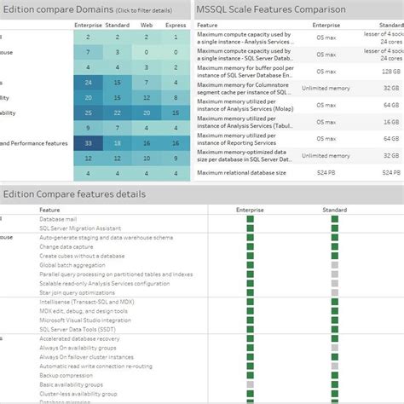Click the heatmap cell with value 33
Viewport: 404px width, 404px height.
click(87, 144)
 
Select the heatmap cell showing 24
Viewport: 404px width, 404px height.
click(87, 83)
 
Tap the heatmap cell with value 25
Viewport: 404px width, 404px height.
click(87, 113)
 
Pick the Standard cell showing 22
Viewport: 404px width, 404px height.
click(118, 113)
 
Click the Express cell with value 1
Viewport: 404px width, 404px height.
click(176, 53)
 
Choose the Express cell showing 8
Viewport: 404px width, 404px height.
click(176, 98)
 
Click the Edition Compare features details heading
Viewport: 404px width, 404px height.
click(74, 194)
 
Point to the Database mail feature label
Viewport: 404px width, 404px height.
click(61, 219)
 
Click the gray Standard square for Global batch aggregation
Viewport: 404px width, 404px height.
click(335, 265)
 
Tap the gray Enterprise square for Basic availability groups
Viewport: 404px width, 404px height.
click(251, 384)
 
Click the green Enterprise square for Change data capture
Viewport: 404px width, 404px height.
click(251, 245)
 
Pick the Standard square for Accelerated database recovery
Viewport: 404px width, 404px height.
click(335, 338)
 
